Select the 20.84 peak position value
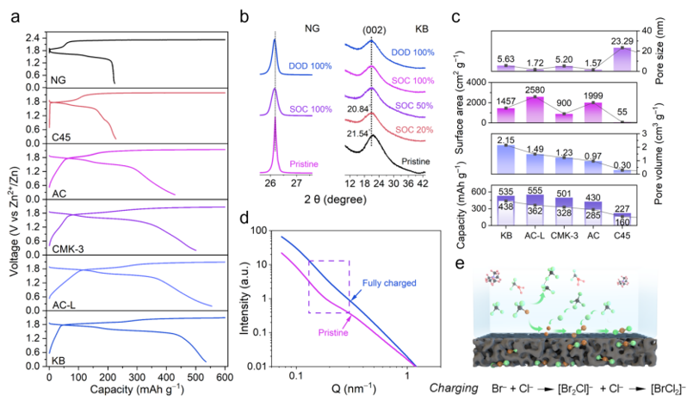tap(361, 123)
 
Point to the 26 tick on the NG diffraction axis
tap(271, 184)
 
